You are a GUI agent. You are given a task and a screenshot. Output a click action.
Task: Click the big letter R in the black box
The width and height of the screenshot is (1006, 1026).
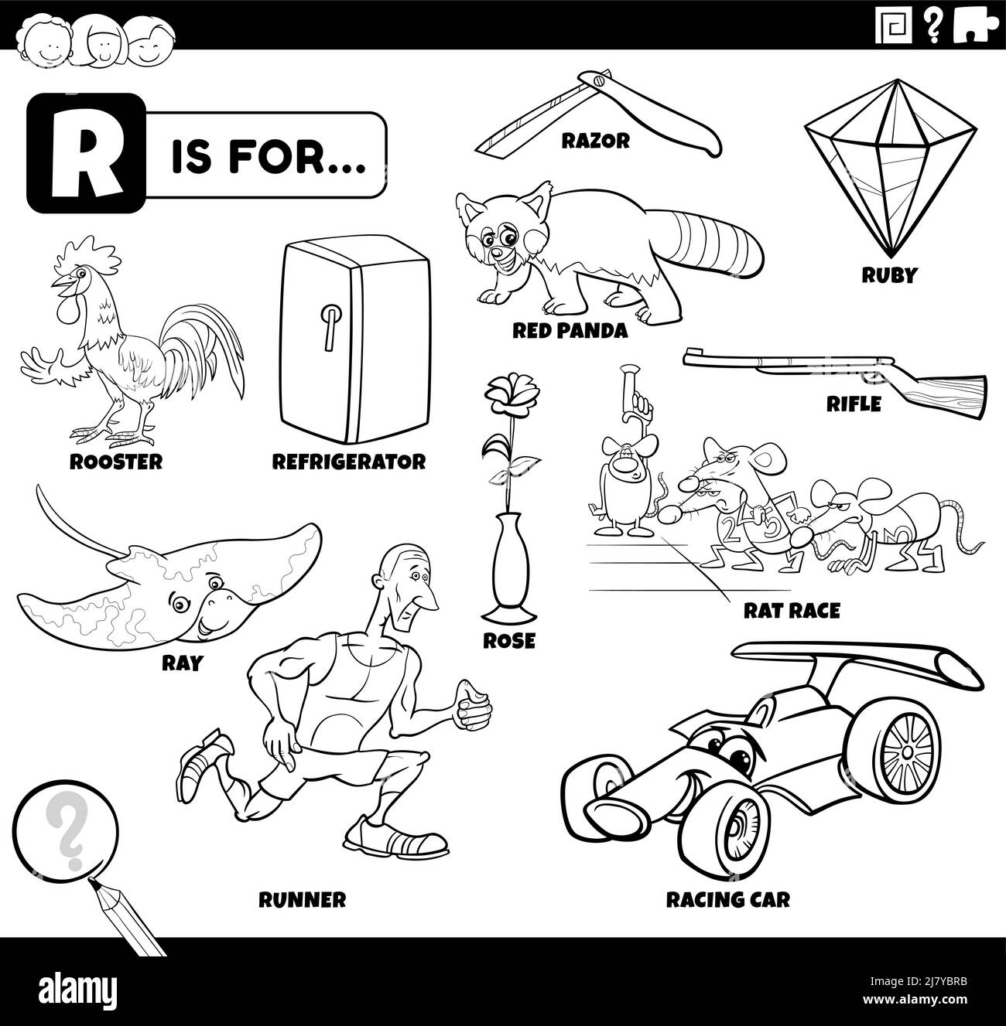pyautogui.click(x=75, y=153)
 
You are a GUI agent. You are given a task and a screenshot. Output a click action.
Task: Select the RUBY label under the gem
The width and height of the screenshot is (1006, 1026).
pyautogui.click(x=889, y=275)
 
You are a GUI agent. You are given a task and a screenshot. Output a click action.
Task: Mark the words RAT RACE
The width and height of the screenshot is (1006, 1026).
pyautogui.click(x=791, y=611)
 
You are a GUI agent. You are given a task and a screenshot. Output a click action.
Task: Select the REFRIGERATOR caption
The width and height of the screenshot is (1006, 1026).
pyautogui.click(x=348, y=462)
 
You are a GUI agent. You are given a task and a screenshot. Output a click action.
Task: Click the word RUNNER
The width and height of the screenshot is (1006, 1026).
pyautogui.click(x=302, y=899)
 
